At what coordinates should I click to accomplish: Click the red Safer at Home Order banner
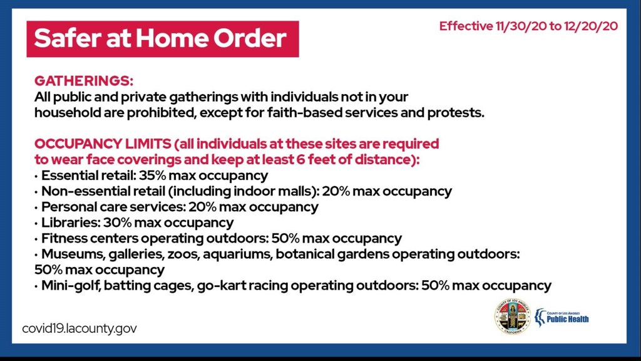163,39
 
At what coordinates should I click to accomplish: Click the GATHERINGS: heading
84,81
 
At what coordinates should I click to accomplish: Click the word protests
456,113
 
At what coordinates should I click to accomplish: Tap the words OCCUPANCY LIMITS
103,144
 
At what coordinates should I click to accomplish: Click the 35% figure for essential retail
152,175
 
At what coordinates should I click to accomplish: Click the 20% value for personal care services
202,207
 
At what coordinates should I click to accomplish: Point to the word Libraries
71,222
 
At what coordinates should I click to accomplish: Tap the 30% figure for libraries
117,222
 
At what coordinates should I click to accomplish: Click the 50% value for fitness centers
285,238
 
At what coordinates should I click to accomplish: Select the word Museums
74,254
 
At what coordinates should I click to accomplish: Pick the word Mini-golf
71,285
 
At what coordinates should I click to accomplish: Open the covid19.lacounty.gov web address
79,328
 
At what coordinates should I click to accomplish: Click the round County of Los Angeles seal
513,317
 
